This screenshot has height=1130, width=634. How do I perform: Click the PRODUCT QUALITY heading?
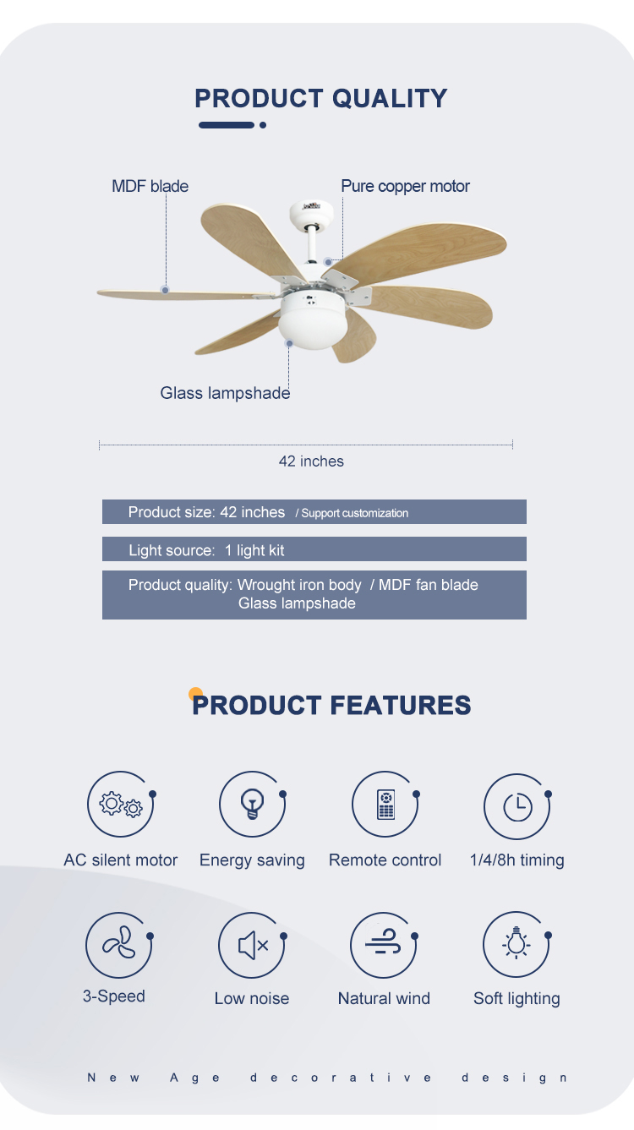click(x=320, y=98)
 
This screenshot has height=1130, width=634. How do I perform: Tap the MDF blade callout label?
click(x=150, y=186)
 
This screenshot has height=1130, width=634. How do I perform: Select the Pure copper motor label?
click(x=405, y=186)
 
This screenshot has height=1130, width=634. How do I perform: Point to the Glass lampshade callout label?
click(x=225, y=393)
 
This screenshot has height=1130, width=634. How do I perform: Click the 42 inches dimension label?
click(x=311, y=461)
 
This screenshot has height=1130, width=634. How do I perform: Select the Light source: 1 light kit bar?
click(x=314, y=550)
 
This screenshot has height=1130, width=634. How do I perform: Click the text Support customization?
click(x=354, y=513)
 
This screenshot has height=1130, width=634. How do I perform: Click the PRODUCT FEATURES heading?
click(x=331, y=705)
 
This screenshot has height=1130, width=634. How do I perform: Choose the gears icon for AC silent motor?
click(x=121, y=805)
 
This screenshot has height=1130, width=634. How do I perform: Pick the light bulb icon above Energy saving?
click(x=252, y=805)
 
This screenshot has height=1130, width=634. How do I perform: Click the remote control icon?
click(x=385, y=805)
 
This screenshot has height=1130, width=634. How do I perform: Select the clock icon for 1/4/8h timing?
click(x=517, y=807)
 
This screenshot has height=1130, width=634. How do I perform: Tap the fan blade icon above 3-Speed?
click(x=118, y=945)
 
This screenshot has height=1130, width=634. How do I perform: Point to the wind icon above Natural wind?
click(x=384, y=945)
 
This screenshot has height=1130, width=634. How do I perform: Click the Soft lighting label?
click(x=516, y=998)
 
